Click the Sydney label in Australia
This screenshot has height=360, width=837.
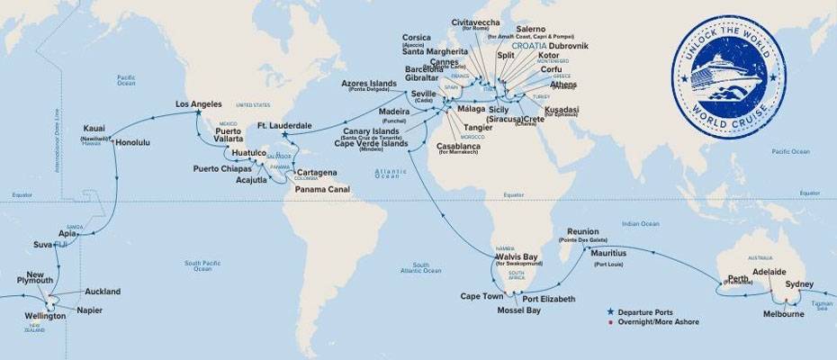tap(798, 284)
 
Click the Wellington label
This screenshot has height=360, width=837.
tap(46, 317)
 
